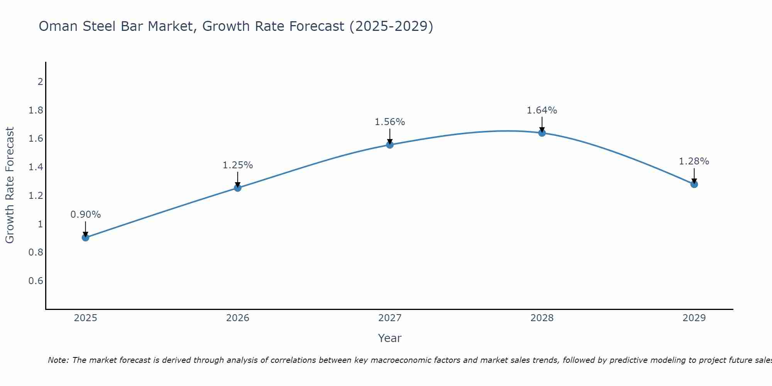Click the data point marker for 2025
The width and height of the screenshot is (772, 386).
[x=86, y=237]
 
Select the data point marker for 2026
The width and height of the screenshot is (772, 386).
[x=238, y=188]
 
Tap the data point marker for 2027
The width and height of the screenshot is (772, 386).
[x=390, y=145]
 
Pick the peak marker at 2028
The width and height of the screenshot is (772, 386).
[x=542, y=133]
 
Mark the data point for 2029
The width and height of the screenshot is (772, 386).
[x=694, y=185]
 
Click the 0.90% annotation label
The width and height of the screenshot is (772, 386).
[x=86, y=215]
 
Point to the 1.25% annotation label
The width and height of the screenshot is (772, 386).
[x=238, y=165]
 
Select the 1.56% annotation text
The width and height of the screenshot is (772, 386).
[x=390, y=122]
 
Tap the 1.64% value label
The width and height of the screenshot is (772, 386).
[x=542, y=110]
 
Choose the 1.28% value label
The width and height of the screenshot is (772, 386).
[x=694, y=161]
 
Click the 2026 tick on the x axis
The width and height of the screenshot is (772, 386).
[x=238, y=318]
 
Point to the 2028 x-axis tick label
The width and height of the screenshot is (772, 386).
[x=542, y=318]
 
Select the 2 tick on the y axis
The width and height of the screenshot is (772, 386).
[x=40, y=82]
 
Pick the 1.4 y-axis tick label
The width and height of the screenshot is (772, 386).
[x=36, y=167]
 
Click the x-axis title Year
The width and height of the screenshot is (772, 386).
[x=390, y=338]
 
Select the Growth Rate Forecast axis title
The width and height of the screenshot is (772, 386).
[x=10, y=185]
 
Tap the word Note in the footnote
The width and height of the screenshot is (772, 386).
[x=58, y=360]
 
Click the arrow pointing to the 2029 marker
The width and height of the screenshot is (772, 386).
[x=694, y=176]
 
